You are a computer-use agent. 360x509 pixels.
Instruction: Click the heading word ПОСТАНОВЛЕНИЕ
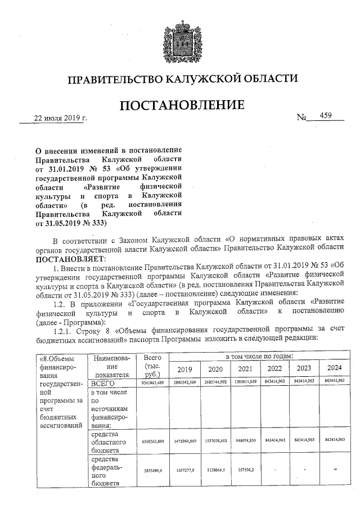pos(181,105)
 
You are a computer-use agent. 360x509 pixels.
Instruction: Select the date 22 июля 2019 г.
pos(61,118)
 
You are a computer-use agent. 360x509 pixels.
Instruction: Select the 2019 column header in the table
pos(185,369)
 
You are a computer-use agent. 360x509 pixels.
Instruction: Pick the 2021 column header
pos(245,369)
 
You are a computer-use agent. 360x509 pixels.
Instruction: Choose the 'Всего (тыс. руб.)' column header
pos(152,366)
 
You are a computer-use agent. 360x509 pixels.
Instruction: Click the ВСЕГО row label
pos(103,383)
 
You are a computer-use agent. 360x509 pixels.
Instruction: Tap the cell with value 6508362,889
pos(152,441)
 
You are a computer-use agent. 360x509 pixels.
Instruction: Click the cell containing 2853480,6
pos(152,470)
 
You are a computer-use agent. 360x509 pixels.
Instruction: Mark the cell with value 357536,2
pos(245,470)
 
